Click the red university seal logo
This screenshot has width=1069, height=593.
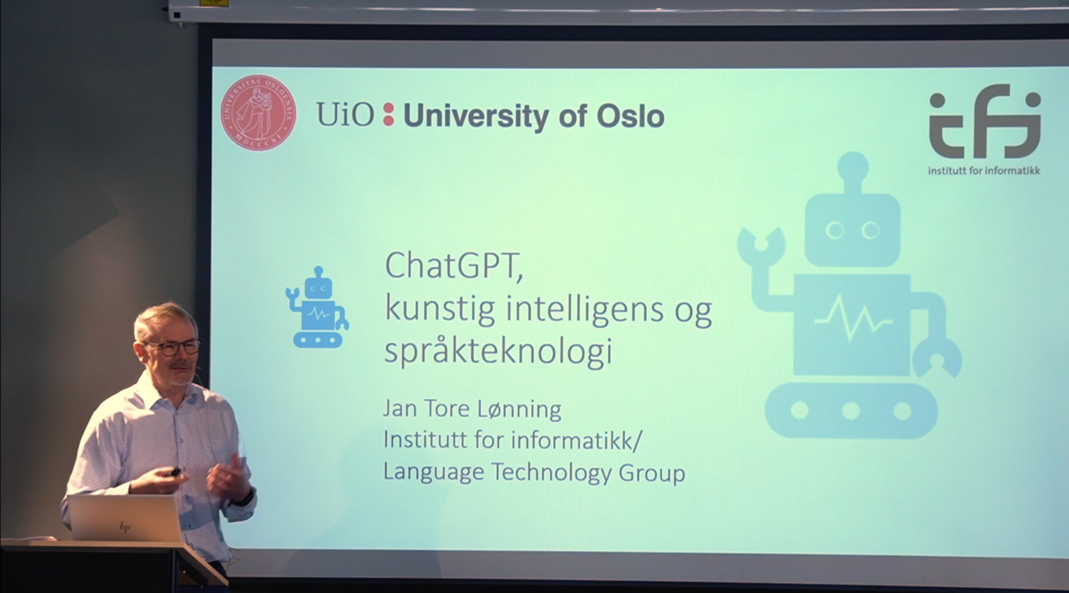point(258,113)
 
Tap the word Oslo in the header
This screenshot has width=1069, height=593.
point(630,116)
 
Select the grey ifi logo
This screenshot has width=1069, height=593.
point(984,125)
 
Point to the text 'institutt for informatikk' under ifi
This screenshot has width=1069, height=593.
point(983,170)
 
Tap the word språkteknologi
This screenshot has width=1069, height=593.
point(498,351)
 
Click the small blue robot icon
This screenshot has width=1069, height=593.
point(317,308)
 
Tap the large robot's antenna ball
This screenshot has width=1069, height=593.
point(852,167)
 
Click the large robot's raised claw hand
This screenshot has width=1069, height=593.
point(761,243)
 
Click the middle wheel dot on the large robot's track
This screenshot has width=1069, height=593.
point(851,411)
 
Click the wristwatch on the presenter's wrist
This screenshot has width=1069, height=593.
point(246,495)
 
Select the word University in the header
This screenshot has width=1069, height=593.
point(476,116)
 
